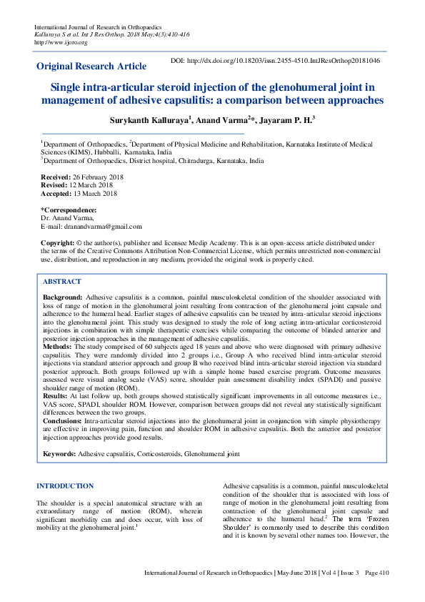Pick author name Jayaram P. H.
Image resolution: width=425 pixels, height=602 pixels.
286,119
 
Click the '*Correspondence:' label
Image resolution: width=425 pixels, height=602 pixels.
69,209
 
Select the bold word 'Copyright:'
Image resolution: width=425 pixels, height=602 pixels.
57,243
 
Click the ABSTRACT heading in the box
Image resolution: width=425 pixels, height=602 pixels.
61,282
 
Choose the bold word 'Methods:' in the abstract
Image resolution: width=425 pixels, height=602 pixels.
58,345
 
